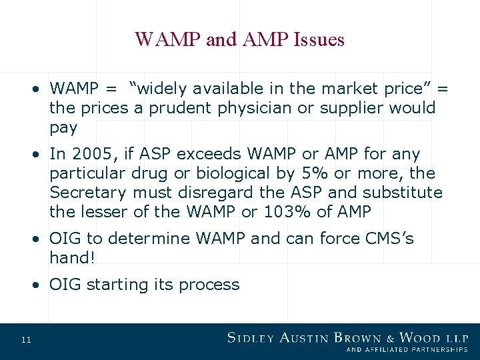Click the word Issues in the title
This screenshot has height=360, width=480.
click(x=318, y=40)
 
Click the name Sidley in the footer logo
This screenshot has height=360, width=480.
click(x=252, y=338)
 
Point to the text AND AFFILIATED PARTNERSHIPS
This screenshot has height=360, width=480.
click(x=407, y=349)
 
